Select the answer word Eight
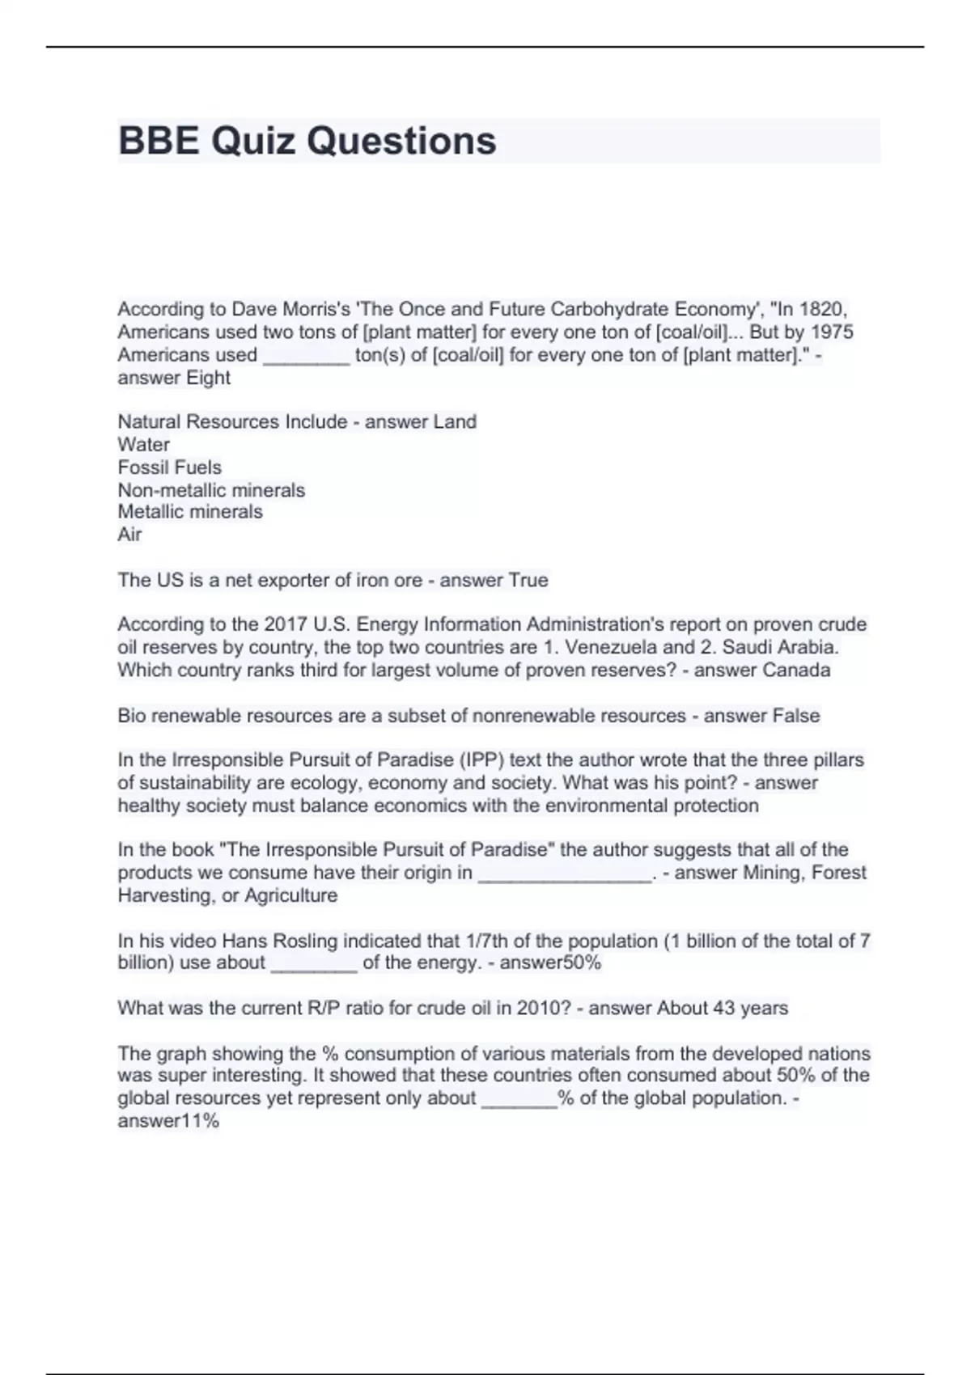tap(208, 378)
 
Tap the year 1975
tap(832, 332)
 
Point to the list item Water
tap(144, 444)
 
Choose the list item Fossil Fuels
tap(170, 467)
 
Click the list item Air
tap(129, 534)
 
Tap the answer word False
tap(796, 716)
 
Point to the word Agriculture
tap(291, 895)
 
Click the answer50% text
tap(550, 962)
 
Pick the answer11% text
tap(168, 1121)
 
